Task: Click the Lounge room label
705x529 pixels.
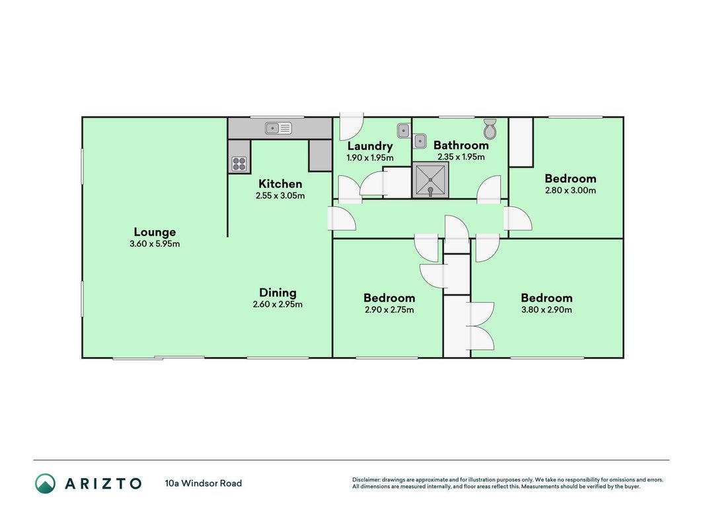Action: click(x=155, y=232)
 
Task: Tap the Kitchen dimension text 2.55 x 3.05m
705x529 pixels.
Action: click(x=280, y=196)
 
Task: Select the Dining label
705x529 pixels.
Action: click(x=278, y=293)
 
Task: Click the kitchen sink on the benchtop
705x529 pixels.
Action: click(x=278, y=128)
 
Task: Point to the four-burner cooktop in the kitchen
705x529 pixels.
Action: click(x=239, y=164)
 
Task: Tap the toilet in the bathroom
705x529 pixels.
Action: click(x=490, y=129)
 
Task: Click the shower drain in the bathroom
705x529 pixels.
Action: click(x=430, y=180)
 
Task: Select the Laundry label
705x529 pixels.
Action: click(x=370, y=146)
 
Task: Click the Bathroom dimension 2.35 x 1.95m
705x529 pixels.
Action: click(x=461, y=157)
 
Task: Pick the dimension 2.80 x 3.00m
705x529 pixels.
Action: click(x=571, y=190)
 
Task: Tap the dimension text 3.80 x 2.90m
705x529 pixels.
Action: click(x=546, y=309)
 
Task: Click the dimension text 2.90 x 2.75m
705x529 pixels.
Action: click(x=389, y=309)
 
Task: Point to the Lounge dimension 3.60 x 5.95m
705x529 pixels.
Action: click(x=155, y=244)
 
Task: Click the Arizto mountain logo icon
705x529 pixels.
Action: click(x=46, y=483)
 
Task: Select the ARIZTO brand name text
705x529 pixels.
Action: click(x=104, y=483)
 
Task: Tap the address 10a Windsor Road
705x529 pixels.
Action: click(x=204, y=483)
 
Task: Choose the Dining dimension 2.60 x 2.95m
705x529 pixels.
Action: click(x=278, y=305)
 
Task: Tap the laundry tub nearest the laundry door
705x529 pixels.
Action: click(x=404, y=131)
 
